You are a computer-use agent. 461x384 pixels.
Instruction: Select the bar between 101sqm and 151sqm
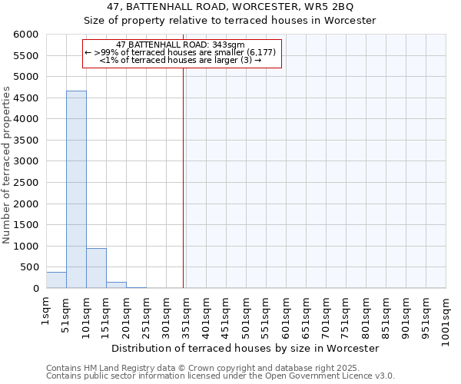[96, 268]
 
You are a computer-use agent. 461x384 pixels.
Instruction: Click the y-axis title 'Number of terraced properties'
[7, 164]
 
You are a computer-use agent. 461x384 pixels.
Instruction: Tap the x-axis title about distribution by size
[246, 348]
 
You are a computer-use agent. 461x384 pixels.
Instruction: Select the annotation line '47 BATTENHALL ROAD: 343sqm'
[181, 45]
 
